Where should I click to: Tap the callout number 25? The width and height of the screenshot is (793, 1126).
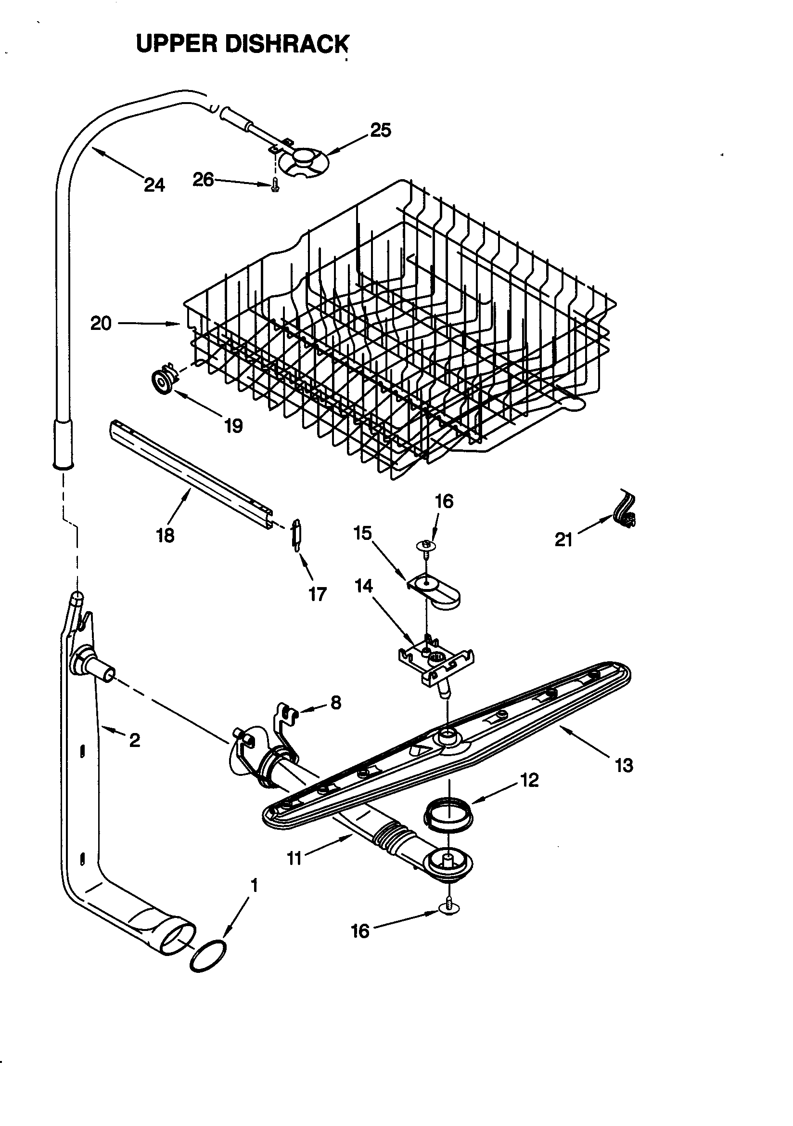point(380,131)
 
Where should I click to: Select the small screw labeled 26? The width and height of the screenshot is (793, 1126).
point(275,186)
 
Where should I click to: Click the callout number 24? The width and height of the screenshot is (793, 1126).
point(154,185)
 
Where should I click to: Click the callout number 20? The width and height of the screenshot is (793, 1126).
point(101,324)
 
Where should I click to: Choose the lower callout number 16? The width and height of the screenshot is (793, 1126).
point(360,931)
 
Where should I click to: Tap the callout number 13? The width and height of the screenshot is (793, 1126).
point(624,766)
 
